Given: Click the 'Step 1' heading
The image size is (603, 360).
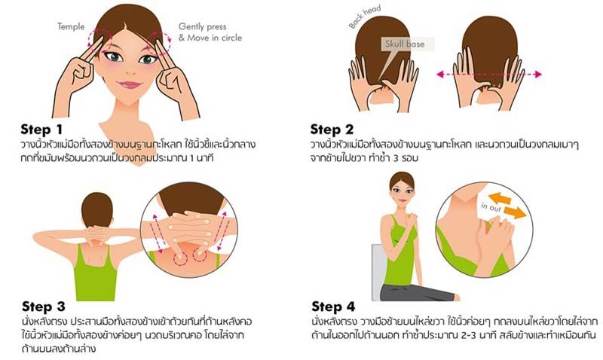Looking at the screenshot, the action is click(x=41, y=130).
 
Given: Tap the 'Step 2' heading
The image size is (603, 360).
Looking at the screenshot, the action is click(x=332, y=130).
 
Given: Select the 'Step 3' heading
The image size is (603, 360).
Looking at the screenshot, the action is click(x=44, y=307).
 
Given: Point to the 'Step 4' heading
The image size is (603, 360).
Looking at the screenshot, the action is click(x=333, y=307).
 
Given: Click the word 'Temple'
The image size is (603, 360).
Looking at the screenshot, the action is click(x=71, y=26).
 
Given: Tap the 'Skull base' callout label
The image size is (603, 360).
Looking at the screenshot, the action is click(x=405, y=44).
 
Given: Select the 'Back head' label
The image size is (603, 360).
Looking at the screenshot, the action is click(x=365, y=17).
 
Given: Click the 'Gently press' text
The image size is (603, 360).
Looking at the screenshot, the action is click(x=202, y=27).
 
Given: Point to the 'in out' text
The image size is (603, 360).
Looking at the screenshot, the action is click(x=491, y=206).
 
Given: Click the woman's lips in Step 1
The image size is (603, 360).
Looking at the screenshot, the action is click(x=129, y=84).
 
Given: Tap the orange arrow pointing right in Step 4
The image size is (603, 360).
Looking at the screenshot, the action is click(x=515, y=212).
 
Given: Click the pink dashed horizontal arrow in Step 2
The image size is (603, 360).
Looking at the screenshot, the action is click(x=489, y=75).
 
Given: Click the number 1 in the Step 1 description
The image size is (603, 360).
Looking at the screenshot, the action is click(x=192, y=158).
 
